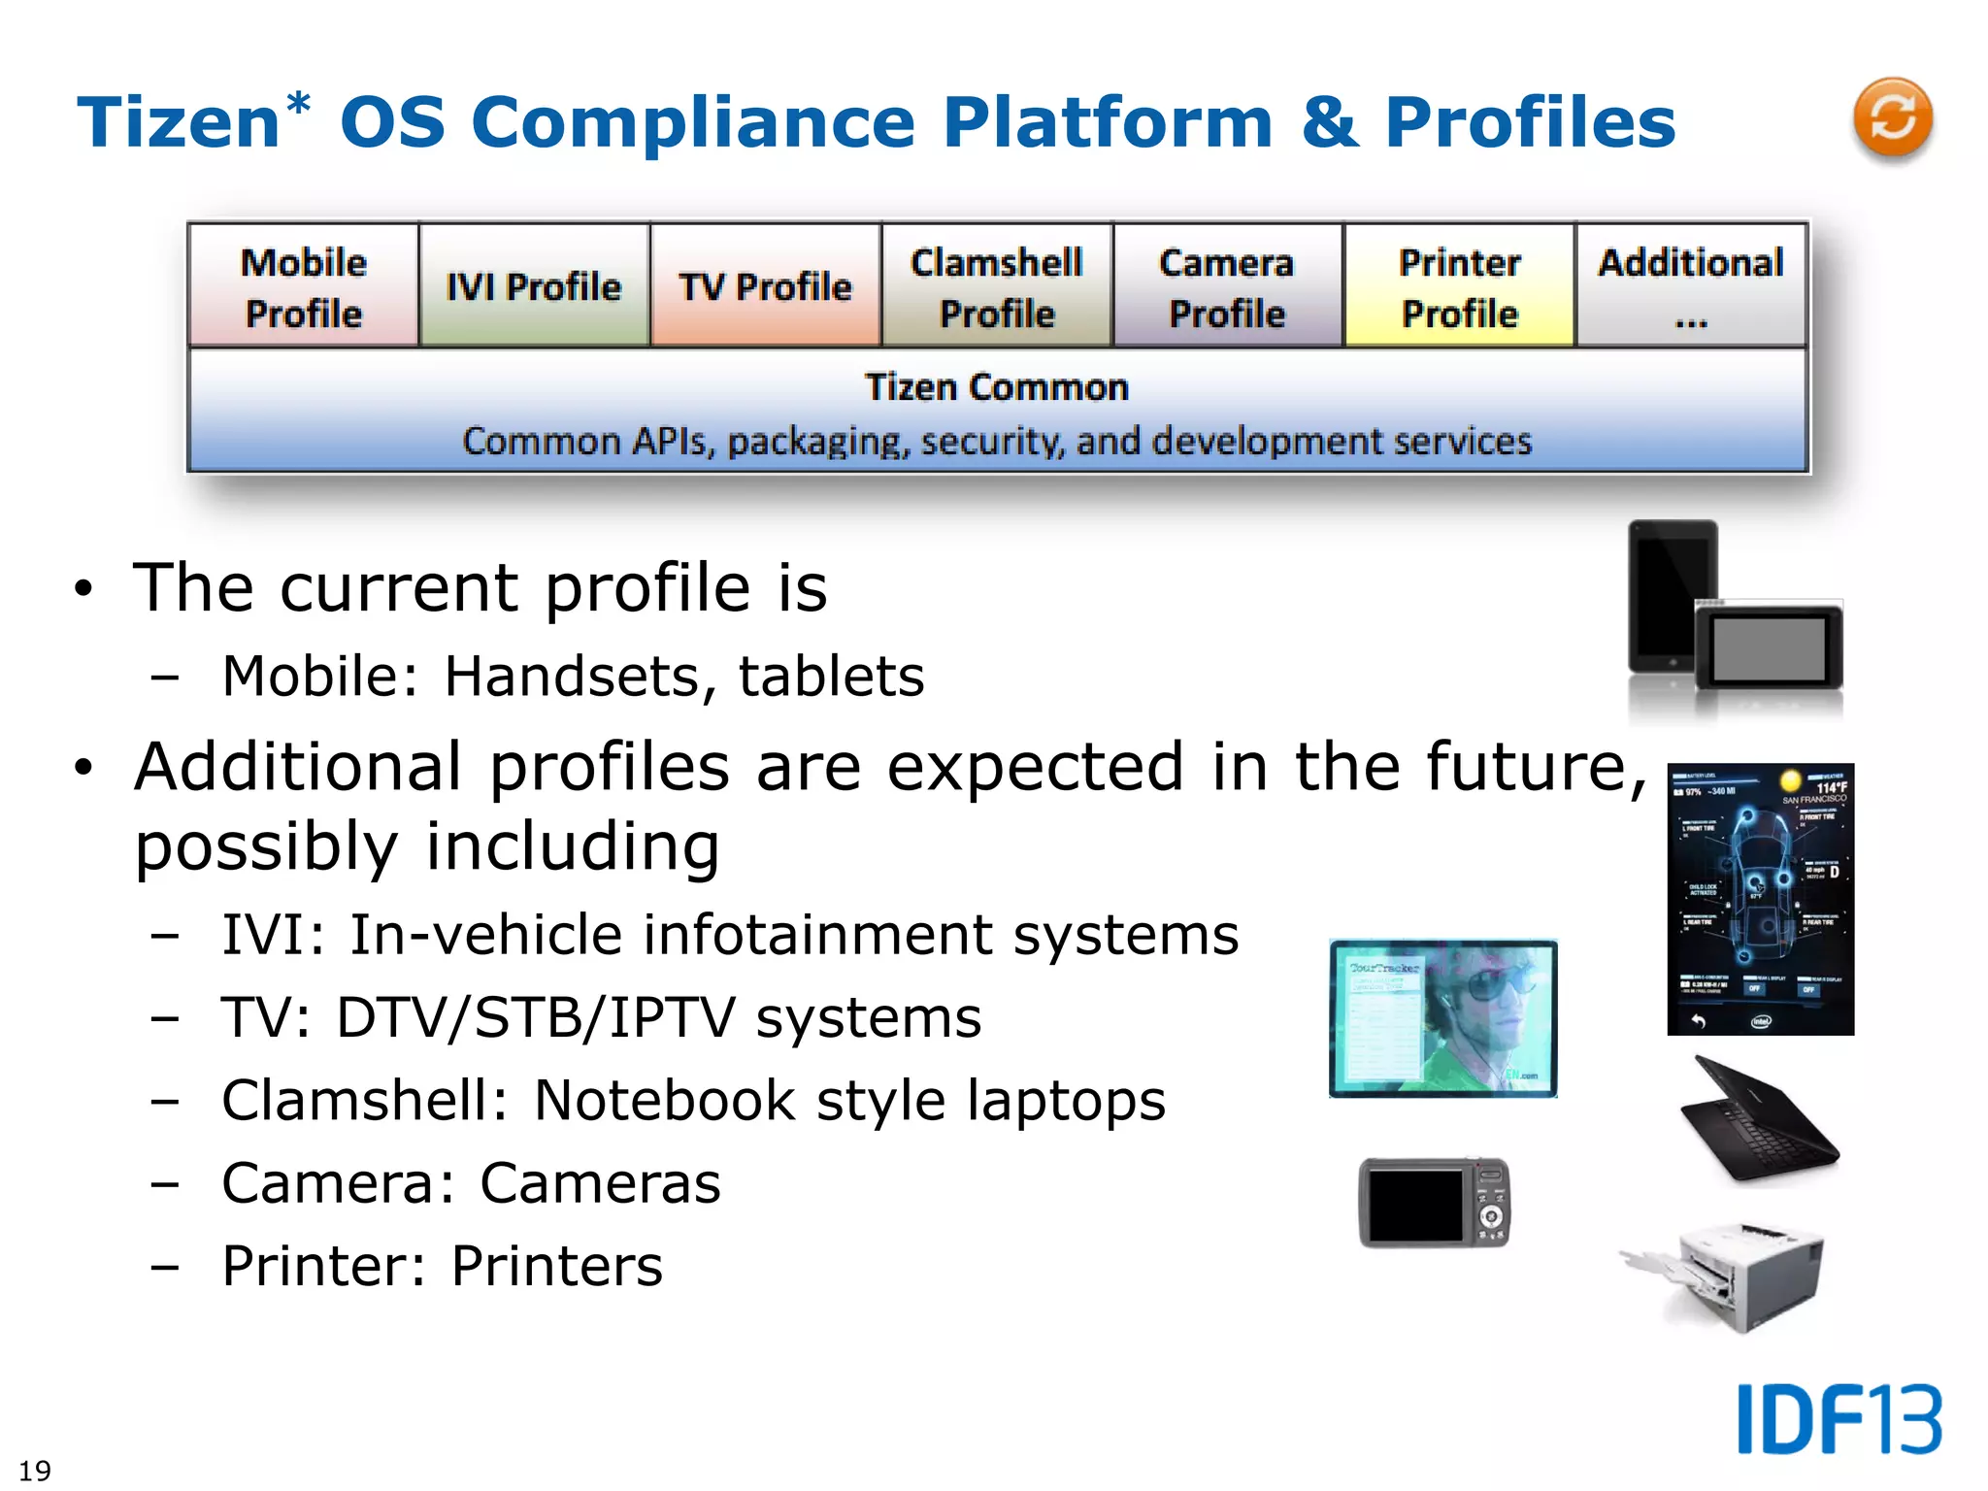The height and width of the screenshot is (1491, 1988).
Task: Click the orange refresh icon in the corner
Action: tap(1892, 117)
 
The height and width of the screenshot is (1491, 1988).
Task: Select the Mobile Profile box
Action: tap(304, 286)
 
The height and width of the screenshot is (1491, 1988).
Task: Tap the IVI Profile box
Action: tap(534, 286)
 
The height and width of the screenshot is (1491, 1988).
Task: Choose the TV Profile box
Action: tap(765, 286)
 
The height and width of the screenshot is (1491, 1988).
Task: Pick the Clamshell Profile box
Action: tap(997, 286)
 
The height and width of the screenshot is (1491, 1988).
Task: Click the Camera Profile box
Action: tap(1227, 286)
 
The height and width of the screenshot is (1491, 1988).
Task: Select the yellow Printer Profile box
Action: tap(1459, 286)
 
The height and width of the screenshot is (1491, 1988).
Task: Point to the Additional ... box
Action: tap(1690, 286)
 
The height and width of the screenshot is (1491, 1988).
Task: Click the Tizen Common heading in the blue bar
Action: tap(997, 387)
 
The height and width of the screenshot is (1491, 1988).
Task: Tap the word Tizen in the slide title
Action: tap(180, 123)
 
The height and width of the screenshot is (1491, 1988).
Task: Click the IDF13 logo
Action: tap(1839, 1419)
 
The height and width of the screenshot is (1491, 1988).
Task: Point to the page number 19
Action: tap(35, 1470)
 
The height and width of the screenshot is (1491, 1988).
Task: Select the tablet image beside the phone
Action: tap(1769, 647)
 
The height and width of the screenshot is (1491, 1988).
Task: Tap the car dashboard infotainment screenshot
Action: tap(1760, 899)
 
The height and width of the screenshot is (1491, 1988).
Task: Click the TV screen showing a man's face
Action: tap(1442, 1018)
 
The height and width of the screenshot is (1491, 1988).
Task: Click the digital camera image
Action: tap(1434, 1203)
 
